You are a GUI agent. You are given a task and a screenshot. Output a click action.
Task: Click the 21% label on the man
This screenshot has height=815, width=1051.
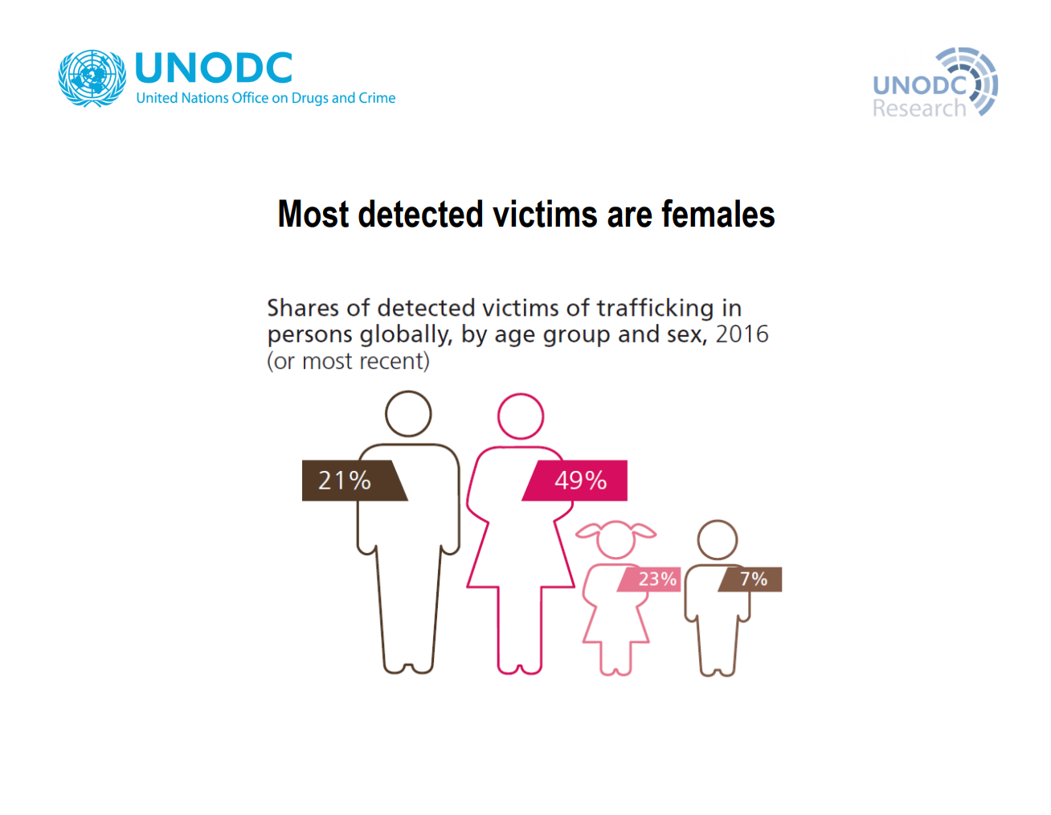tap(345, 481)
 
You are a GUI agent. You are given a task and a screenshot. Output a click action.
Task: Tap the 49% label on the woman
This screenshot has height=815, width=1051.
tap(580, 481)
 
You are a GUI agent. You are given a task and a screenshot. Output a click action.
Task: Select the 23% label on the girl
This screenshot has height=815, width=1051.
tap(657, 579)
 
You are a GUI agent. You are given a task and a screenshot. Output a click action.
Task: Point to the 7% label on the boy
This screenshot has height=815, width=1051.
tap(754, 579)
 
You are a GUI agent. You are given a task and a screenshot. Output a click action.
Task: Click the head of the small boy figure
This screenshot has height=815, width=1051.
tap(718, 521)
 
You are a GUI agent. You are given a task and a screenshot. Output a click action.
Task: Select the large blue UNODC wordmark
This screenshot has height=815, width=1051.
tap(214, 68)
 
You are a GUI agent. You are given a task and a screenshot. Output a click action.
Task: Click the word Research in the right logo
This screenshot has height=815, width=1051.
tap(919, 109)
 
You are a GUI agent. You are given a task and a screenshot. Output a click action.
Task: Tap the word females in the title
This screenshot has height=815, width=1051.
tap(718, 215)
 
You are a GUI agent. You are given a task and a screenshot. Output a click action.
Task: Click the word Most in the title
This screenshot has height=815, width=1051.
tap(313, 215)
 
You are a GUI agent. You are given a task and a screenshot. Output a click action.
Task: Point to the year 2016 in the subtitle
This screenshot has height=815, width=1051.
tap(742, 334)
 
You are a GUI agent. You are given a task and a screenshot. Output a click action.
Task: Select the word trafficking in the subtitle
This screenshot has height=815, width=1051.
tap(655, 309)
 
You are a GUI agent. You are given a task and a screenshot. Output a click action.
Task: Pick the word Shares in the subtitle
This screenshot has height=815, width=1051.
tap(303, 308)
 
